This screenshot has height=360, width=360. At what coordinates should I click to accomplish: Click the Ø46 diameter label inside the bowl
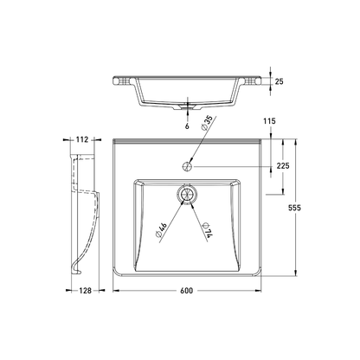tap(163, 229)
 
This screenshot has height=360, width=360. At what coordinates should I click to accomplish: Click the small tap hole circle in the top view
tap(187, 161)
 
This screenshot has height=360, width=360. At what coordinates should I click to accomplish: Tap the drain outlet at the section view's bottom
tap(183, 109)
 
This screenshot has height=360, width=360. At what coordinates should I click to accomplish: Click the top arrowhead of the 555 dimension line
tap(296, 138)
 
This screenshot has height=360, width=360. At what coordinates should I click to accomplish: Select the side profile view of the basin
tap(85, 212)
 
